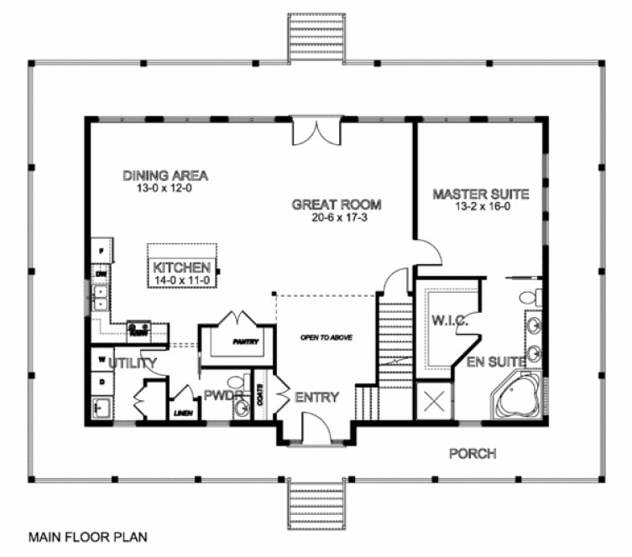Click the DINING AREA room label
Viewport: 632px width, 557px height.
165,175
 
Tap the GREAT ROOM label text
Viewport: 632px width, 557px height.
337,204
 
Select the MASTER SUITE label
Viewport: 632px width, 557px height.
481,194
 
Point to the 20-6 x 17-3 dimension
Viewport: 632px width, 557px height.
337,217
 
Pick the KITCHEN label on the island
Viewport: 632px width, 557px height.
181,268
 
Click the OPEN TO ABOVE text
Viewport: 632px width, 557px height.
326,337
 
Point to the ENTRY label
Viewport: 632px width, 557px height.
317,397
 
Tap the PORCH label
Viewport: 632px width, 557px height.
472,454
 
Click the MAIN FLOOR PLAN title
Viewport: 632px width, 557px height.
84,534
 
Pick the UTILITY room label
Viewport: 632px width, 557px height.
133,363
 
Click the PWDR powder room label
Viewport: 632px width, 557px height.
221,394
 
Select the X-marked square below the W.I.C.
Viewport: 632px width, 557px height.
436,401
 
